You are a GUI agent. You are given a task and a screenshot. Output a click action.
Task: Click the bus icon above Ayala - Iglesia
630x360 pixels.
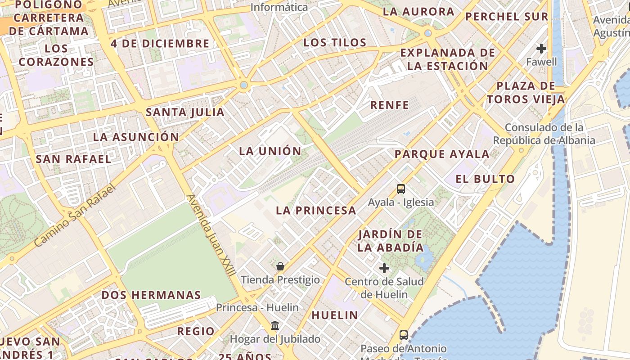[x=400, y=189]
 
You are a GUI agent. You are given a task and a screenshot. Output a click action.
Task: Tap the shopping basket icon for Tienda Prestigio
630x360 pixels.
[x=280, y=266]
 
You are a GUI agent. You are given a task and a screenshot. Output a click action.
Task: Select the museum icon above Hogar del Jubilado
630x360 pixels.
[x=275, y=325]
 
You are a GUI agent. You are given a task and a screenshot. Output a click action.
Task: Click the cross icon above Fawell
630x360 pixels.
[x=541, y=48]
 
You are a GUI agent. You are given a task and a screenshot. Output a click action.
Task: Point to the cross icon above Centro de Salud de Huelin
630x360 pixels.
[x=384, y=269]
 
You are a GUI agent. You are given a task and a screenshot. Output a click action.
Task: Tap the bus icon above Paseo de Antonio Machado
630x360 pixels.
[x=404, y=335]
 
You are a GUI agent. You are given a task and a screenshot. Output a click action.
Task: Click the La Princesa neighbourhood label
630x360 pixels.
[x=316, y=210]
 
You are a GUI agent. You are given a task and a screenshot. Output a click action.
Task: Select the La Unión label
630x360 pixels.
[x=270, y=151]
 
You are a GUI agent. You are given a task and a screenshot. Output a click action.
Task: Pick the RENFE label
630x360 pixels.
[x=389, y=105]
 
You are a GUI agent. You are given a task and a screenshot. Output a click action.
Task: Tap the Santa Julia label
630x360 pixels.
[x=185, y=112]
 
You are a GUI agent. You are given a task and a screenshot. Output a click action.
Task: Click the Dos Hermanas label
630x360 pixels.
[x=151, y=295]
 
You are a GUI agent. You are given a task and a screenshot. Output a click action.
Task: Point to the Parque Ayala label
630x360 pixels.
[x=442, y=154]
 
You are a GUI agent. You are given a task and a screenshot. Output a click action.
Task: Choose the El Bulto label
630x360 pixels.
[x=485, y=179]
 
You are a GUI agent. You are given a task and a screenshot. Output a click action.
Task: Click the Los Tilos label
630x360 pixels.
[x=335, y=43]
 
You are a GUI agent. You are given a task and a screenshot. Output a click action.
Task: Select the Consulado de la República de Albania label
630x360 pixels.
[x=544, y=134]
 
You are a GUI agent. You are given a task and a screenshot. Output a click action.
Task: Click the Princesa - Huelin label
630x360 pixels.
[x=257, y=308]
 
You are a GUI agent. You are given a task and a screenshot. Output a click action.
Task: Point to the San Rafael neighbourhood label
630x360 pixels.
[x=73, y=159]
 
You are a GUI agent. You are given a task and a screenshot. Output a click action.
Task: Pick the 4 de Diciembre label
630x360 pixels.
[x=160, y=44]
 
